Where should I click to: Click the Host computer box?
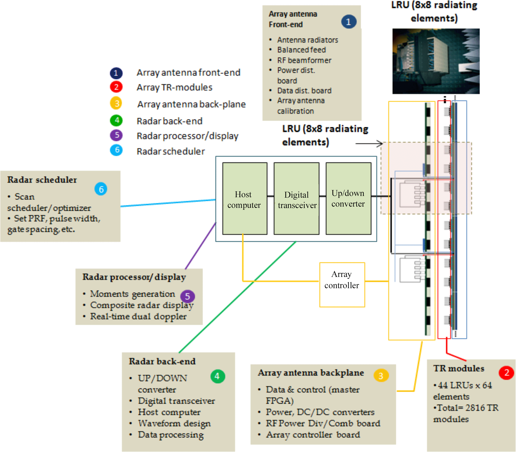point(245,198)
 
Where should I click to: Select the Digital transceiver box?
point(297,198)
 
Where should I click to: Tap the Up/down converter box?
point(348,198)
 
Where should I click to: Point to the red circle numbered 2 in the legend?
point(116,87)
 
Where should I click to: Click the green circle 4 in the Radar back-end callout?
point(218,376)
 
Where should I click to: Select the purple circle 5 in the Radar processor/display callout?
point(187,296)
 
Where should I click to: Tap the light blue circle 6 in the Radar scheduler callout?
point(101,189)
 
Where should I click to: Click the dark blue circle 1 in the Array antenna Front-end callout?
point(349,22)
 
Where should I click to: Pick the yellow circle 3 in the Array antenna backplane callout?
point(381,376)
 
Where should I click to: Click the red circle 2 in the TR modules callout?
point(507,373)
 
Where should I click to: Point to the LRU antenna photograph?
point(436,61)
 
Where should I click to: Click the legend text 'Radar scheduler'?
point(171,151)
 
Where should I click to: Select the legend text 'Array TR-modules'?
point(174,87)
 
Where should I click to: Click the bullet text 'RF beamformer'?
point(304,60)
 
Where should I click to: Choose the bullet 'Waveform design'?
point(174,423)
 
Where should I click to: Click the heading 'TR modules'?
point(459,369)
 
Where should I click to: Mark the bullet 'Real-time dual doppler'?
point(138,316)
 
